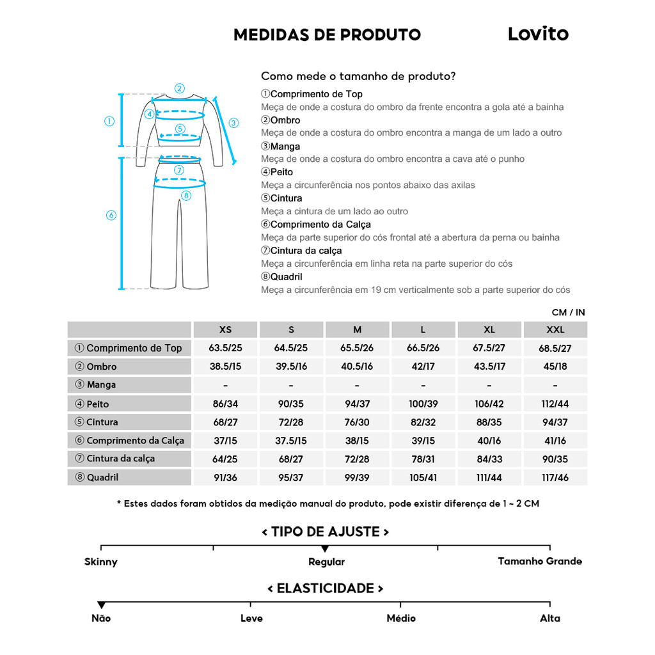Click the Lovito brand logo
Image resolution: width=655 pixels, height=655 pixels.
click(538, 34)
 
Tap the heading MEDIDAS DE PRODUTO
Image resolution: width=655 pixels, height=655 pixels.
click(327, 35)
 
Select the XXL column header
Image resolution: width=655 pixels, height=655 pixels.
click(555, 330)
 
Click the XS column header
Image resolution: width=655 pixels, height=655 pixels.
click(225, 330)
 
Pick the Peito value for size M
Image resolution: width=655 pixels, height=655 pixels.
click(357, 404)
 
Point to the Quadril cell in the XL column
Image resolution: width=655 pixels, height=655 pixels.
click(489, 477)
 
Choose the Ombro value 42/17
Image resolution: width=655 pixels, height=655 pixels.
click(423, 367)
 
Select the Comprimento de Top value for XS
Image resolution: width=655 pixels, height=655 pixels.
click(225, 348)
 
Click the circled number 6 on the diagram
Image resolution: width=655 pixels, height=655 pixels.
click(111, 216)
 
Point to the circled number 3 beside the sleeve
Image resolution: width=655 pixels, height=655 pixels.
click(233, 123)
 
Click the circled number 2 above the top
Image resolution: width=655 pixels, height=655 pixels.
click(180, 89)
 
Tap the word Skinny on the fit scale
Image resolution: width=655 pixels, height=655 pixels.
click(101, 562)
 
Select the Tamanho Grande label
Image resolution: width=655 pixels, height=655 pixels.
click(540, 561)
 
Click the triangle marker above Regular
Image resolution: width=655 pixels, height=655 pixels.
click(325, 549)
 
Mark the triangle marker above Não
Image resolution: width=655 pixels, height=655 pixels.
click(101, 605)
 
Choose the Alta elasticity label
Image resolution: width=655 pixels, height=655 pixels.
click(549, 618)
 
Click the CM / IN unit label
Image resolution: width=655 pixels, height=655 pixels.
click(568, 313)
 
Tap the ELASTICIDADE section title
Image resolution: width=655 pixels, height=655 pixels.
click(326, 588)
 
